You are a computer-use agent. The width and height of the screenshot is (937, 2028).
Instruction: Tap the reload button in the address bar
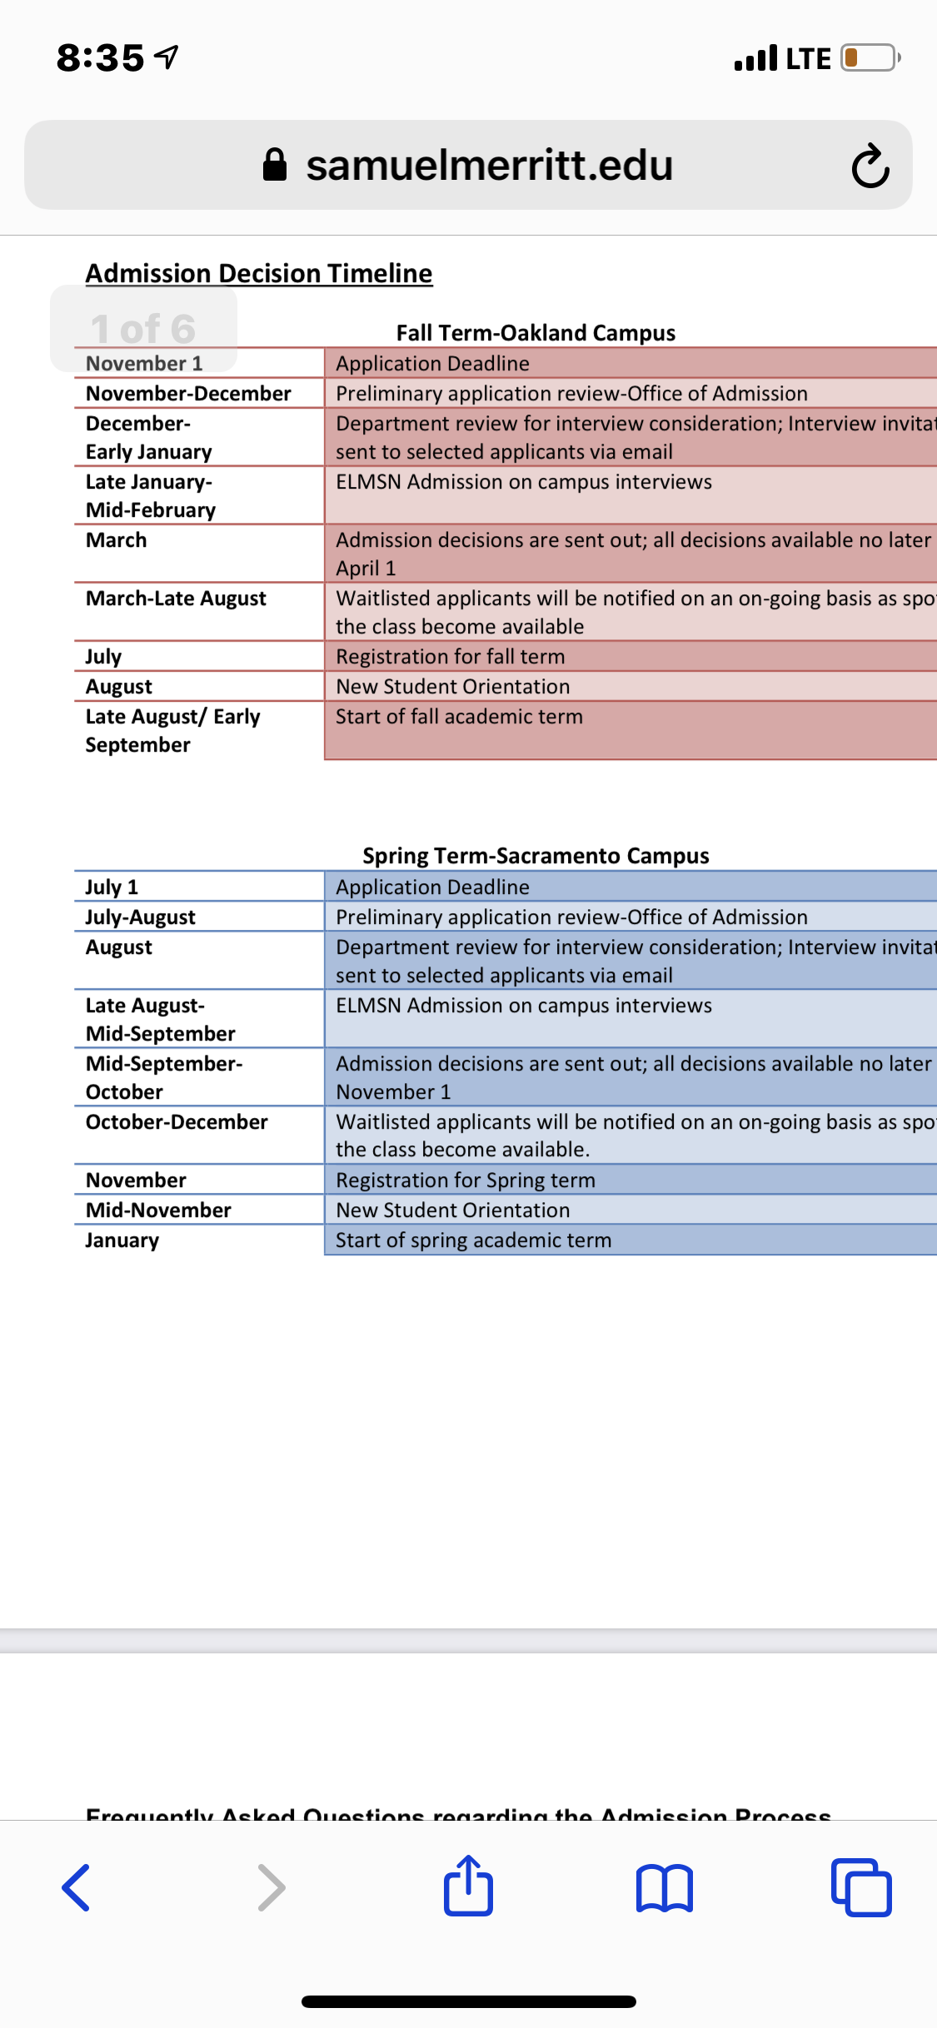[x=870, y=167]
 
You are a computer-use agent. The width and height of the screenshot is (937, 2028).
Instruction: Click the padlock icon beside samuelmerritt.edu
[x=275, y=165]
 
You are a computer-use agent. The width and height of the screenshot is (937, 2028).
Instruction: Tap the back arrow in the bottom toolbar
[x=77, y=1887]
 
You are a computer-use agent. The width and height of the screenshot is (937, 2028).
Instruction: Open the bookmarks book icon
[x=664, y=1887]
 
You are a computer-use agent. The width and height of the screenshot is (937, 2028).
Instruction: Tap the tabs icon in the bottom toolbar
[x=861, y=1887]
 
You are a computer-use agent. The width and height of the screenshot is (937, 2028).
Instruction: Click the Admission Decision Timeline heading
[x=259, y=273]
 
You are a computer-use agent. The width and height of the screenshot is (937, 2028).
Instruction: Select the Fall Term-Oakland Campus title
[x=536, y=333]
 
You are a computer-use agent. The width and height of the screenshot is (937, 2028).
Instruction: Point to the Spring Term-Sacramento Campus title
[x=536, y=856]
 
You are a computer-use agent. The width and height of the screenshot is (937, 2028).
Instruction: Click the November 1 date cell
[x=144, y=364]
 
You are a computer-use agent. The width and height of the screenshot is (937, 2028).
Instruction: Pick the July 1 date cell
[x=112, y=887]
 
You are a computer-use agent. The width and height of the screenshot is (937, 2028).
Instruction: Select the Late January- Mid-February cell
[x=151, y=495]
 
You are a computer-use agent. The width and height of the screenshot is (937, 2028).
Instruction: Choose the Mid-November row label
[x=158, y=1210]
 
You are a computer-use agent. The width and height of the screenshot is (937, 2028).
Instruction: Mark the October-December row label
[x=177, y=1122]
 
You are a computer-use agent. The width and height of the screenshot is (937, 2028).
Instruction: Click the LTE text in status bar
[x=808, y=59]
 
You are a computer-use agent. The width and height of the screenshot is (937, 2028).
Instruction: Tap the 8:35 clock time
[x=101, y=58]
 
